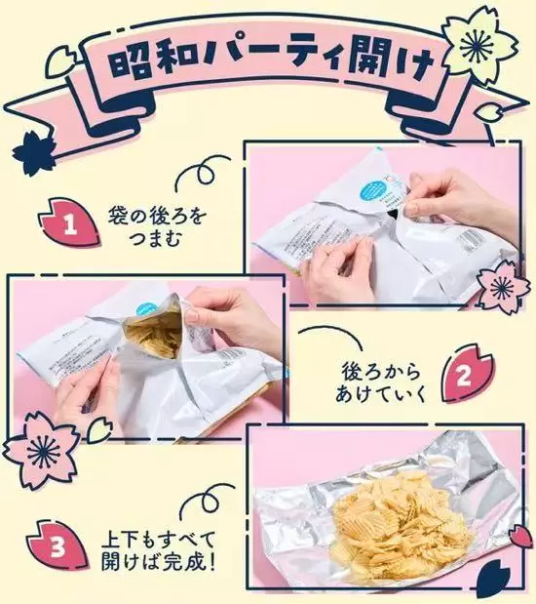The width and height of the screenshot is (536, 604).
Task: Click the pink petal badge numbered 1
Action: point(69,222)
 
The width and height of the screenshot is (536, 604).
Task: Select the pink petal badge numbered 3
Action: point(58,545)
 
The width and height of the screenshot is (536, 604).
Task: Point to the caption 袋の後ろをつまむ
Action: point(156,226)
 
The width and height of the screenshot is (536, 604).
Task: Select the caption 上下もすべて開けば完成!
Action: point(158,551)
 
